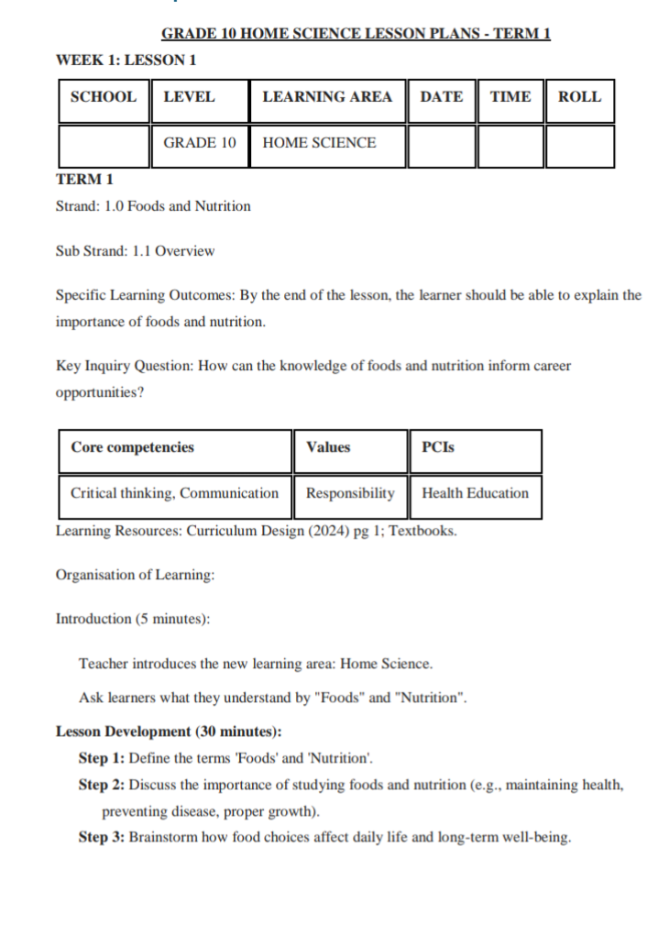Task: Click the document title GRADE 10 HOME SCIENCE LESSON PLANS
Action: coord(356,35)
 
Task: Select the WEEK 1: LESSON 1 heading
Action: coord(126,60)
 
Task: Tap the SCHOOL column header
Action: coord(104,97)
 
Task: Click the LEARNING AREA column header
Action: coord(326,97)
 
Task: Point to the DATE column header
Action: coord(441,97)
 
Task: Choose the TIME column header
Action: coord(510,97)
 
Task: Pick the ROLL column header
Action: coord(579,97)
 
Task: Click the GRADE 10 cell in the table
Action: coord(200,143)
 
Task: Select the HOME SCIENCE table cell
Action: coord(319,143)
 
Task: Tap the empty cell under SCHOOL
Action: coord(104,146)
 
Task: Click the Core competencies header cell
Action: coord(133,447)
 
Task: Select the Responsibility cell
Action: coord(350,493)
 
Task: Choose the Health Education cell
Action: coord(475,493)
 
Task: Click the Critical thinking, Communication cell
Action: coord(174,493)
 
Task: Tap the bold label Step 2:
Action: coord(102,786)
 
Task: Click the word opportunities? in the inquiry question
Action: coord(100,392)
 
